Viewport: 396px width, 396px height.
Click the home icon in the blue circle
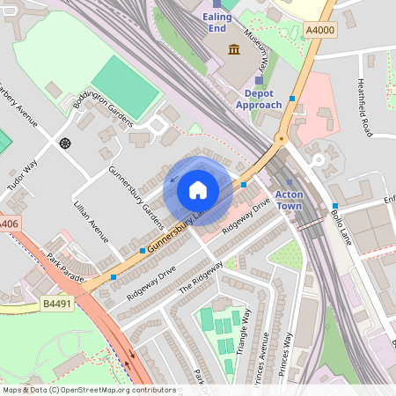198,189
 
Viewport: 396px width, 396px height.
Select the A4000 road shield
320,30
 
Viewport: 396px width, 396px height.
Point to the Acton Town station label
289,200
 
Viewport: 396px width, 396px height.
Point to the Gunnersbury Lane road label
176,235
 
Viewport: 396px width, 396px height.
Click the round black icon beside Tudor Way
64,143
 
